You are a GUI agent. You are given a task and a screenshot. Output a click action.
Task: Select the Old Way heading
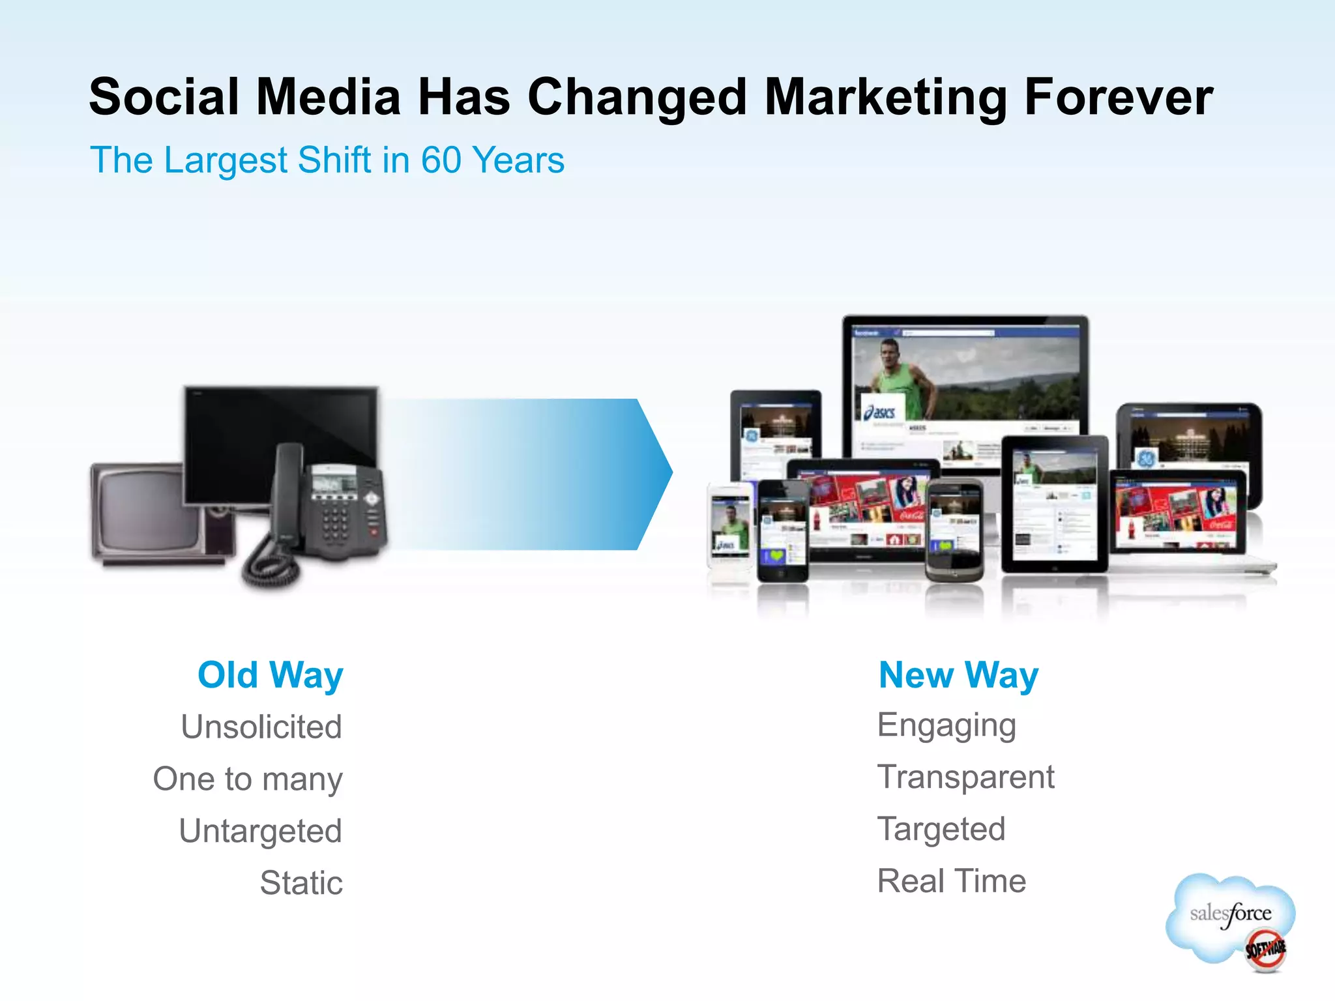tap(271, 675)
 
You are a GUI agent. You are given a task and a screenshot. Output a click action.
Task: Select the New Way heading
tap(958, 675)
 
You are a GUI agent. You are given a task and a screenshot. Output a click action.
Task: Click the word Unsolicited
tap(261, 727)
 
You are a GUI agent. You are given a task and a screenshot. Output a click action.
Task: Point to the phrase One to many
tap(248, 779)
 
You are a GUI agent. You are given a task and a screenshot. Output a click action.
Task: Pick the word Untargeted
tap(261, 832)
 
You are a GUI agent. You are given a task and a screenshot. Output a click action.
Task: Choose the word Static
tap(301, 883)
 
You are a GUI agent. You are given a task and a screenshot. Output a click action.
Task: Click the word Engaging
tap(946, 726)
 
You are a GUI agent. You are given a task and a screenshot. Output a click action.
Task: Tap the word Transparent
tap(965, 777)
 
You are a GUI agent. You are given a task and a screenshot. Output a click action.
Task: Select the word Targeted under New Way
tap(941, 829)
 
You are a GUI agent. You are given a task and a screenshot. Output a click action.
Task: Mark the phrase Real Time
tap(952, 881)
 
